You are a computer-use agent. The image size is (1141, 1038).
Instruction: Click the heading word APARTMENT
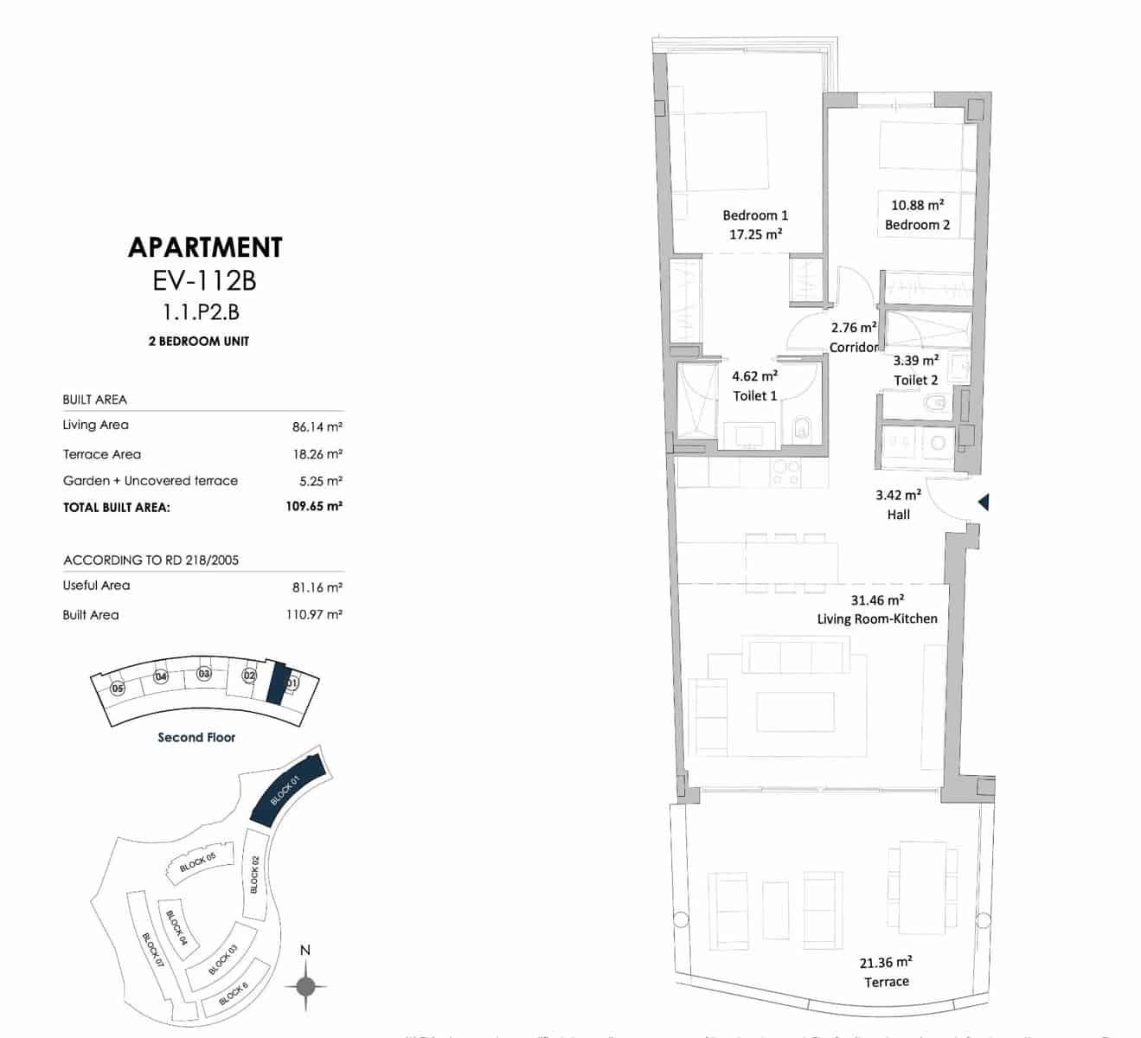[205, 247]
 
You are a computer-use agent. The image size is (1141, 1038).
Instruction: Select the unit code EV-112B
[204, 281]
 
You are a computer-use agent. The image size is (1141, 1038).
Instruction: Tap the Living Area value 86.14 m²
[317, 426]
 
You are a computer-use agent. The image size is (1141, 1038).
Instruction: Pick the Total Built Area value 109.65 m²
[313, 507]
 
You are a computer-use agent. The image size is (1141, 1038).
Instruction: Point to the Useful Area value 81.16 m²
[317, 587]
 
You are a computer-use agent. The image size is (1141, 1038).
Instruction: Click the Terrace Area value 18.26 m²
[317, 454]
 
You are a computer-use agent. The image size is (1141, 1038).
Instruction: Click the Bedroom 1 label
[755, 215]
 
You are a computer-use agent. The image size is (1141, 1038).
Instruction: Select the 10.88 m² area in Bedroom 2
[917, 206]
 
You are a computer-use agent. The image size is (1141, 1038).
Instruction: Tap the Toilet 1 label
[754, 395]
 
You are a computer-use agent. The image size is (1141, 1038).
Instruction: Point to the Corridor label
[853, 347]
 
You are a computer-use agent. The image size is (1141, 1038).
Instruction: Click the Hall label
[898, 515]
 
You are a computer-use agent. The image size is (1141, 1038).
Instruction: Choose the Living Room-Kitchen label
[876, 618]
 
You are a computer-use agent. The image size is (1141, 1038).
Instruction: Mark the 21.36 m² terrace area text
[886, 963]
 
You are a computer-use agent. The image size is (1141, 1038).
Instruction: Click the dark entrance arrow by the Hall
[983, 502]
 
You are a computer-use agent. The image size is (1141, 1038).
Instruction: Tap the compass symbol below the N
[305, 985]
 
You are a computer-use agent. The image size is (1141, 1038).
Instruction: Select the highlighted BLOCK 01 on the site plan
[286, 790]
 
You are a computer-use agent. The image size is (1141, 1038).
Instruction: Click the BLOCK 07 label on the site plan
[152, 950]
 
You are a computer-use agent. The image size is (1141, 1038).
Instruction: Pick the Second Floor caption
[196, 738]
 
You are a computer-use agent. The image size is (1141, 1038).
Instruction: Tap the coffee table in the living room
[795, 712]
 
